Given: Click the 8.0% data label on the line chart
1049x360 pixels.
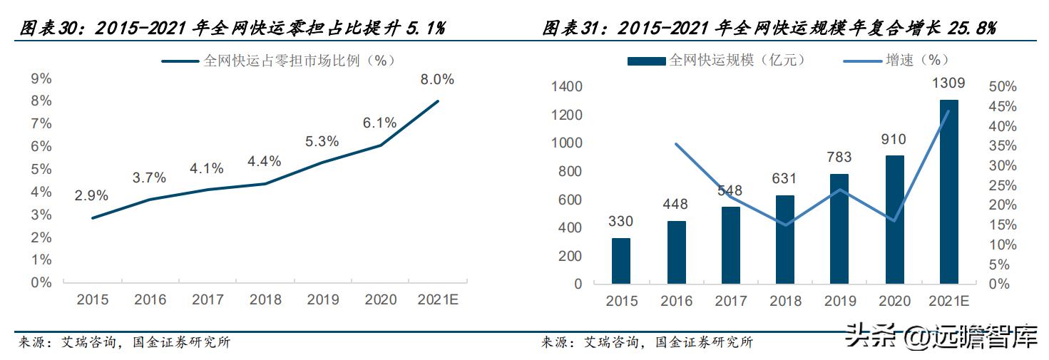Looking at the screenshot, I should (437, 80).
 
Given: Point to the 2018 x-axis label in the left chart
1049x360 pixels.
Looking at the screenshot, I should (265, 300).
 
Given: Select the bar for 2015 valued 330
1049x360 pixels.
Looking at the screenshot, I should (620, 260).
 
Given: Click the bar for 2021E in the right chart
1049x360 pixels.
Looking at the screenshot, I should (948, 192).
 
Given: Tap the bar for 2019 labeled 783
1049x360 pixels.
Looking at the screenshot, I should (839, 228).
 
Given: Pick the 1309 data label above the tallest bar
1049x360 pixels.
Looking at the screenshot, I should (948, 83).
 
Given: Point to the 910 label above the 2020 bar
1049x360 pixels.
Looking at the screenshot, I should (894, 140).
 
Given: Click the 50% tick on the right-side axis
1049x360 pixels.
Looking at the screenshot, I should (1003, 86).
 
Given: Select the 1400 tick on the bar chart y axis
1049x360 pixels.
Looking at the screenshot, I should (568, 87).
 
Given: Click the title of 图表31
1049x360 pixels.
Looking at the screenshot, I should (769, 29).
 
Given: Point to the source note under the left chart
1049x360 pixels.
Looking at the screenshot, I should (124, 343).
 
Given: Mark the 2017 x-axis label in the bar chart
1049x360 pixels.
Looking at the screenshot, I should (730, 302).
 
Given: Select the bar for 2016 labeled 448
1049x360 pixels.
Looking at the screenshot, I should (675, 252).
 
